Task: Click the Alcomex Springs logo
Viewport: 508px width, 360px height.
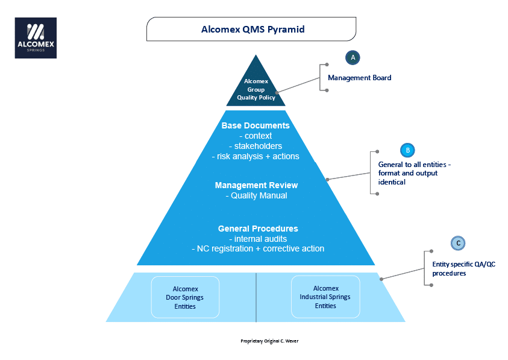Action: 36,38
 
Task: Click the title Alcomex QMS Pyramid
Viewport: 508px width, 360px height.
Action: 252,29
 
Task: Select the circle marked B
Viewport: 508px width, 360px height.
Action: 407,150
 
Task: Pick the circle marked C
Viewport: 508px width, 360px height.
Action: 459,243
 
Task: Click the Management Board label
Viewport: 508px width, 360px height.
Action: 359,78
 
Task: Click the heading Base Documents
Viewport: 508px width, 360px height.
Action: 256,125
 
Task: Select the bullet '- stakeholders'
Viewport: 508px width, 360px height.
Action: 256,146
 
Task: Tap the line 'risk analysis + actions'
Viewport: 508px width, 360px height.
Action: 256,156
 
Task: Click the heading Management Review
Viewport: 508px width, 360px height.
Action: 256,185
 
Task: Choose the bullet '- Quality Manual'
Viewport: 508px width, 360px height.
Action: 256,195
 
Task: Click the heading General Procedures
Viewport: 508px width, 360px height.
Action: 258,229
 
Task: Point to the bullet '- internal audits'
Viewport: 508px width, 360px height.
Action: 258,239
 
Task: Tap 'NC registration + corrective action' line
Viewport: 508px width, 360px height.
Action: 257,248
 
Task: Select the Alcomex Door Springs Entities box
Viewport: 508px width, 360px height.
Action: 185,297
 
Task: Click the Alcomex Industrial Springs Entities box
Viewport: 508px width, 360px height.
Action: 325,297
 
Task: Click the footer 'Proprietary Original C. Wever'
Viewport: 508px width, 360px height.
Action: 269,341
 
